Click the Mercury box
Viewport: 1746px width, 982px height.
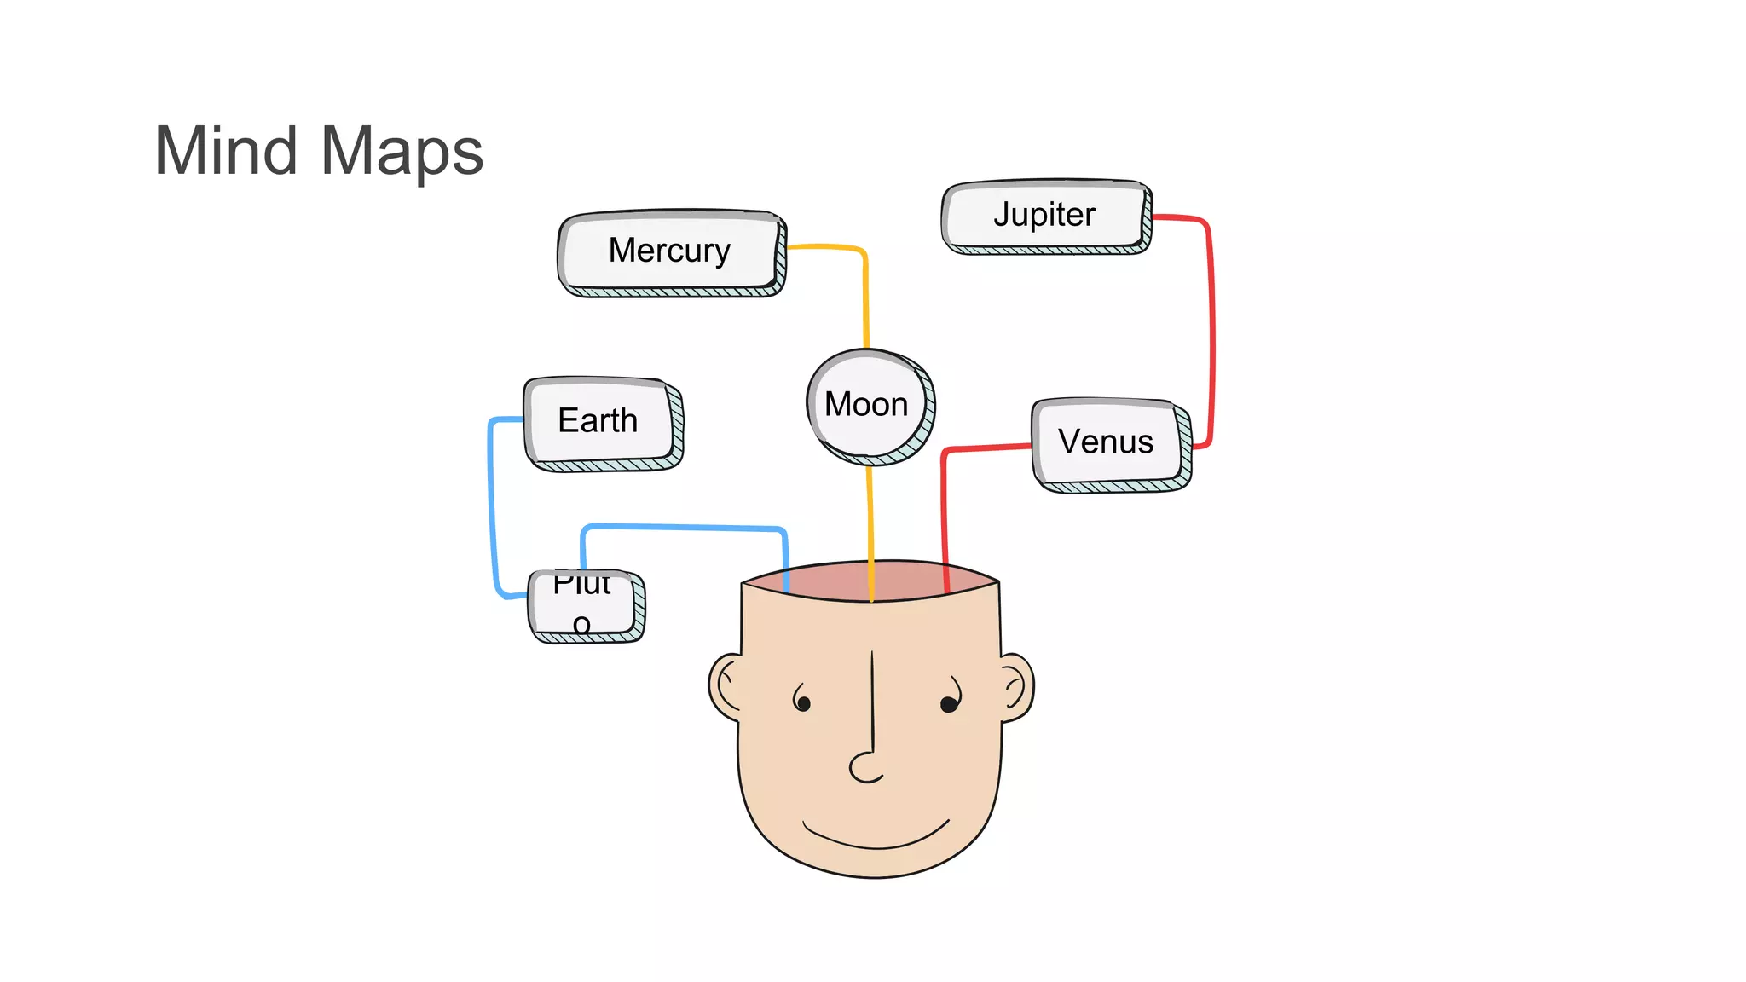[671, 251]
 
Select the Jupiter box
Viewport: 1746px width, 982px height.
[1045, 216]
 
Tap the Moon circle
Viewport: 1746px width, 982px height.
[869, 405]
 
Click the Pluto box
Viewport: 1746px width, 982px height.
[585, 604]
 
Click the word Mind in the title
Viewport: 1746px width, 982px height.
[226, 152]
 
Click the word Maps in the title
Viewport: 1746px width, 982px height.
[402, 152]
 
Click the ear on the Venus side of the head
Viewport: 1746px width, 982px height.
[1016, 685]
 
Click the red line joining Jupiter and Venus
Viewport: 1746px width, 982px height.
[1211, 332]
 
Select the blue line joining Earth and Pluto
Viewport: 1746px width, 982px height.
[492, 511]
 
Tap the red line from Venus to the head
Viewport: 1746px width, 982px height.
[945, 511]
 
